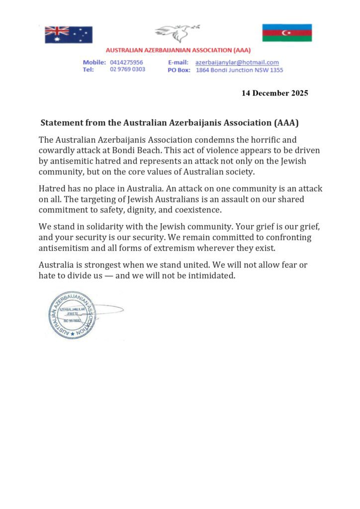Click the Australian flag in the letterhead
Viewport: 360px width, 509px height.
(x=68, y=34)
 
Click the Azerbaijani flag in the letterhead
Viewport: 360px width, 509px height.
(x=287, y=32)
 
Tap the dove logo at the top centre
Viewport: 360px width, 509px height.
(x=177, y=33)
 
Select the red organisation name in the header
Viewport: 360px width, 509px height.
(x=179, y=50)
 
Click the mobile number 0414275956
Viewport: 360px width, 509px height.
(x=126, y=62)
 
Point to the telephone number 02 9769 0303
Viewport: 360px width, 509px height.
(x=127, y=70)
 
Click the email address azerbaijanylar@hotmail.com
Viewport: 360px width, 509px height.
(x=237, y=62)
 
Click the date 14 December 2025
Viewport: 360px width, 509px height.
(x=274, y=93)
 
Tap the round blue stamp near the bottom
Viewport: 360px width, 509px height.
(x=73, y=315)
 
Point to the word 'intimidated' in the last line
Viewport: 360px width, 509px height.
(x=210, y=276)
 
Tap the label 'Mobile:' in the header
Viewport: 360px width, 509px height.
(x=94, y=62)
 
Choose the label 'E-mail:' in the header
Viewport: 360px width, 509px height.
(x=178, y=62)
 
